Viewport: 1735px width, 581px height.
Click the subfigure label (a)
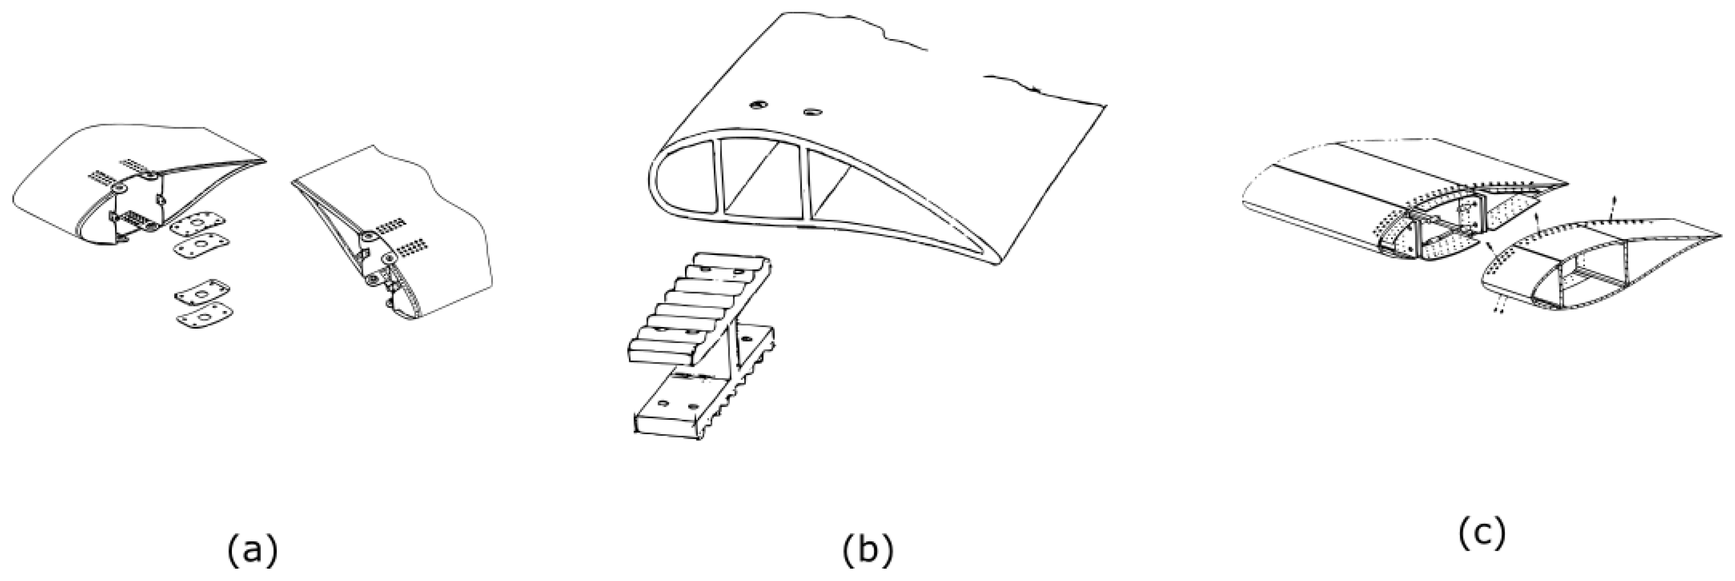pyautogui.click(x=252, y=551)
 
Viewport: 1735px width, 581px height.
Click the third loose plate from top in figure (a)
pyautogui.click(x=202, y=292)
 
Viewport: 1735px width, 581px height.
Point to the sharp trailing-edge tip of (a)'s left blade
pyautogui.click(x=265, y=162)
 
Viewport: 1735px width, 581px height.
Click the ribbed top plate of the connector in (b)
pyautogui.click(x=700, y=306)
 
